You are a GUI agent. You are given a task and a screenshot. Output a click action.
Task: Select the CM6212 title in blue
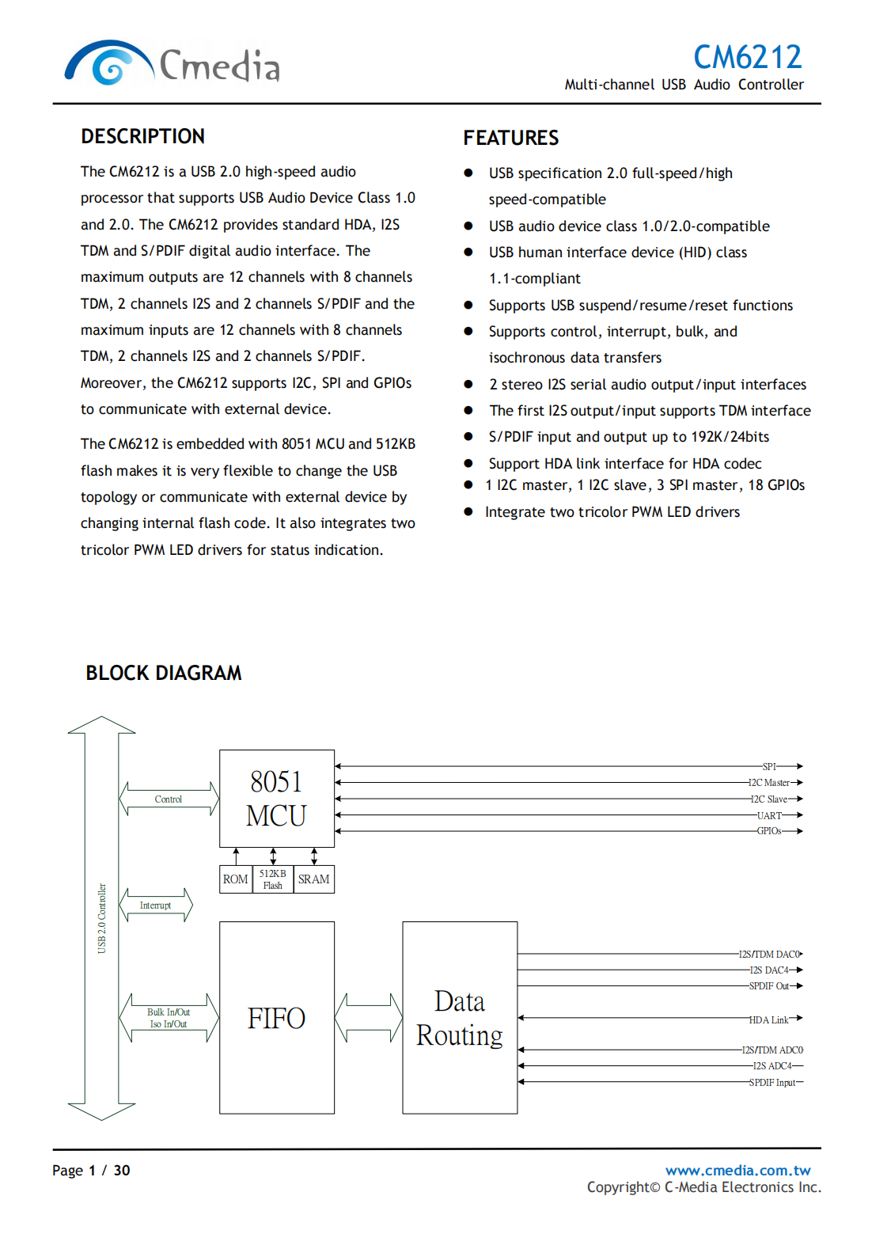click(x=747, y=57)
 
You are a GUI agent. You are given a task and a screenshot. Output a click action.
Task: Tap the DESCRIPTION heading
click(x=142, y=136)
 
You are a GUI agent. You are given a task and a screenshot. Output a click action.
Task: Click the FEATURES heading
click(x=510, y=138)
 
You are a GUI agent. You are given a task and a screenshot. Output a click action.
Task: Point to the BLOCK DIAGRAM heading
click(x=164, y=673)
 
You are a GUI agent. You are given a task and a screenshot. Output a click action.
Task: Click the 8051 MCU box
click(x=276, y=798)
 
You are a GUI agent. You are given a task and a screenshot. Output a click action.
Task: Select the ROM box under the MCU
click(x=235, y=879)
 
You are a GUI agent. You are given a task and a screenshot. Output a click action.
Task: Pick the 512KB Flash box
click(x=273, y=879)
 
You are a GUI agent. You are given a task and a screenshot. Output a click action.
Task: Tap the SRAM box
click(x=313, y=879)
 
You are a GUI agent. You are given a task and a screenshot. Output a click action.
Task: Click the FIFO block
click(x=276, y=1017)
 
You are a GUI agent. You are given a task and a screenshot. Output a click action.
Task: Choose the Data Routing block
click(x=460, y=1017)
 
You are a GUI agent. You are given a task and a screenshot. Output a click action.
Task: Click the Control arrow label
click(x=168, y=799)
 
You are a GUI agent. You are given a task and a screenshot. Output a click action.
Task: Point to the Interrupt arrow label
click(x=155, y=906)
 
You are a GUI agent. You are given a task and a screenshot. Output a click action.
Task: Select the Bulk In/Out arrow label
click(x=169, y=1012)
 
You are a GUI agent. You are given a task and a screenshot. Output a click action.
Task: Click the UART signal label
click(x=769, y=815)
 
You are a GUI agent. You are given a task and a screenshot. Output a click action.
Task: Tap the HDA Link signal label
click(x=768, y=1020)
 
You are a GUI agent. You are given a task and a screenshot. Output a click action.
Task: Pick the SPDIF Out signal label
click(x=769, y=986)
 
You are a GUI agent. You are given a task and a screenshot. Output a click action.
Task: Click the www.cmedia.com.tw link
click(x=737, y=1170)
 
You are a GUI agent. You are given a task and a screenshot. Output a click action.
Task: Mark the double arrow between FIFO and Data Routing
click(x=368, y=1018)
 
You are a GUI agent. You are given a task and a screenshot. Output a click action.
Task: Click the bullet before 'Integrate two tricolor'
click(x=468, y=512)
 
